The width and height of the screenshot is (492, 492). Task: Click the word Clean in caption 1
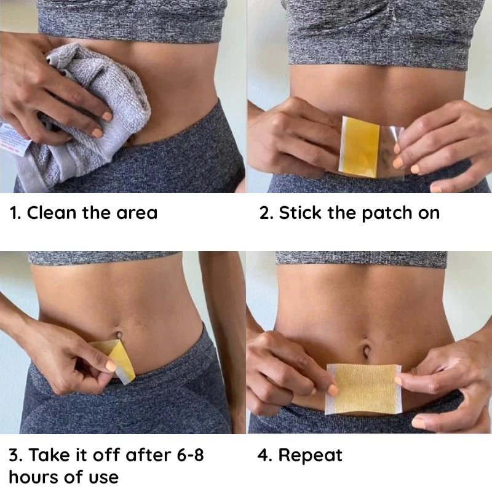(x=52, y=213)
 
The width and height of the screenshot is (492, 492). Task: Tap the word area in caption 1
(x=137, y=213)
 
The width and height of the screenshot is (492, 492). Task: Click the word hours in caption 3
(x=31, y=477)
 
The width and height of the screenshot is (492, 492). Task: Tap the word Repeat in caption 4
(x=310, y=456)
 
